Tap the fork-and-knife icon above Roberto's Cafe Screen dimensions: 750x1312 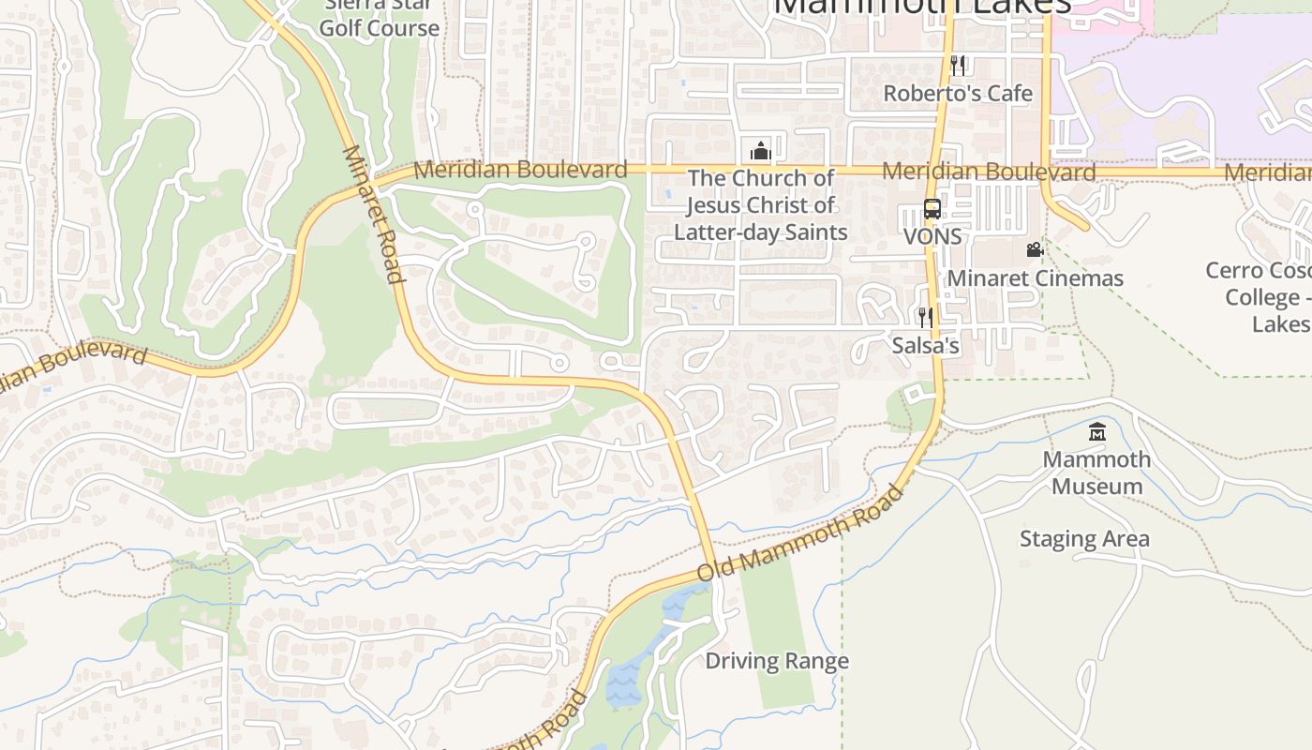958,65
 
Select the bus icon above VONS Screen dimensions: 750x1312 932,209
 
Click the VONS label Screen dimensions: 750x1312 932,236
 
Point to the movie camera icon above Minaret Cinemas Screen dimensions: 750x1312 1035,249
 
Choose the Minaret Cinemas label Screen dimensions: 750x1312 1035,278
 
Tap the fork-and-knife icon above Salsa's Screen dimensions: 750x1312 925,317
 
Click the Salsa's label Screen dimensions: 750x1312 925,346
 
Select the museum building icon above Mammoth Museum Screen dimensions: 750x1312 1096,431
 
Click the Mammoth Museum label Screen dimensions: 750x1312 1096,472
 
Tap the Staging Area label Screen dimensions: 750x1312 1084,539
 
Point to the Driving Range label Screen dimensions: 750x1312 777,661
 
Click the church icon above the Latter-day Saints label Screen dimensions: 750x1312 760,150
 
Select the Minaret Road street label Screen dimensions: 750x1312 374,214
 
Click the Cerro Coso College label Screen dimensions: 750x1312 1260,296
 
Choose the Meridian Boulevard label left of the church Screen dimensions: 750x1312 520,170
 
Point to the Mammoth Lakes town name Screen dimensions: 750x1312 922,7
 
